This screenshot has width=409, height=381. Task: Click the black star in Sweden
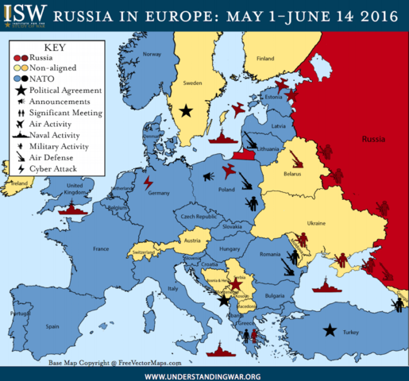[x=186, y=111]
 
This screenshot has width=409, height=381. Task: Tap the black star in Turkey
[x=329, y=330]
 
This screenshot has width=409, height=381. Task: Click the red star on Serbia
[x=235, y=283]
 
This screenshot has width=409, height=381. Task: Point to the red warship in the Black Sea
[x=327, y=287]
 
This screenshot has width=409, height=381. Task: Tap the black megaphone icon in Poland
[x=203, y=179]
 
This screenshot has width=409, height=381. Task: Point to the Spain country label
[x=52, y=326]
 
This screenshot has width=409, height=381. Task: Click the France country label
[x=100, y=248]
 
